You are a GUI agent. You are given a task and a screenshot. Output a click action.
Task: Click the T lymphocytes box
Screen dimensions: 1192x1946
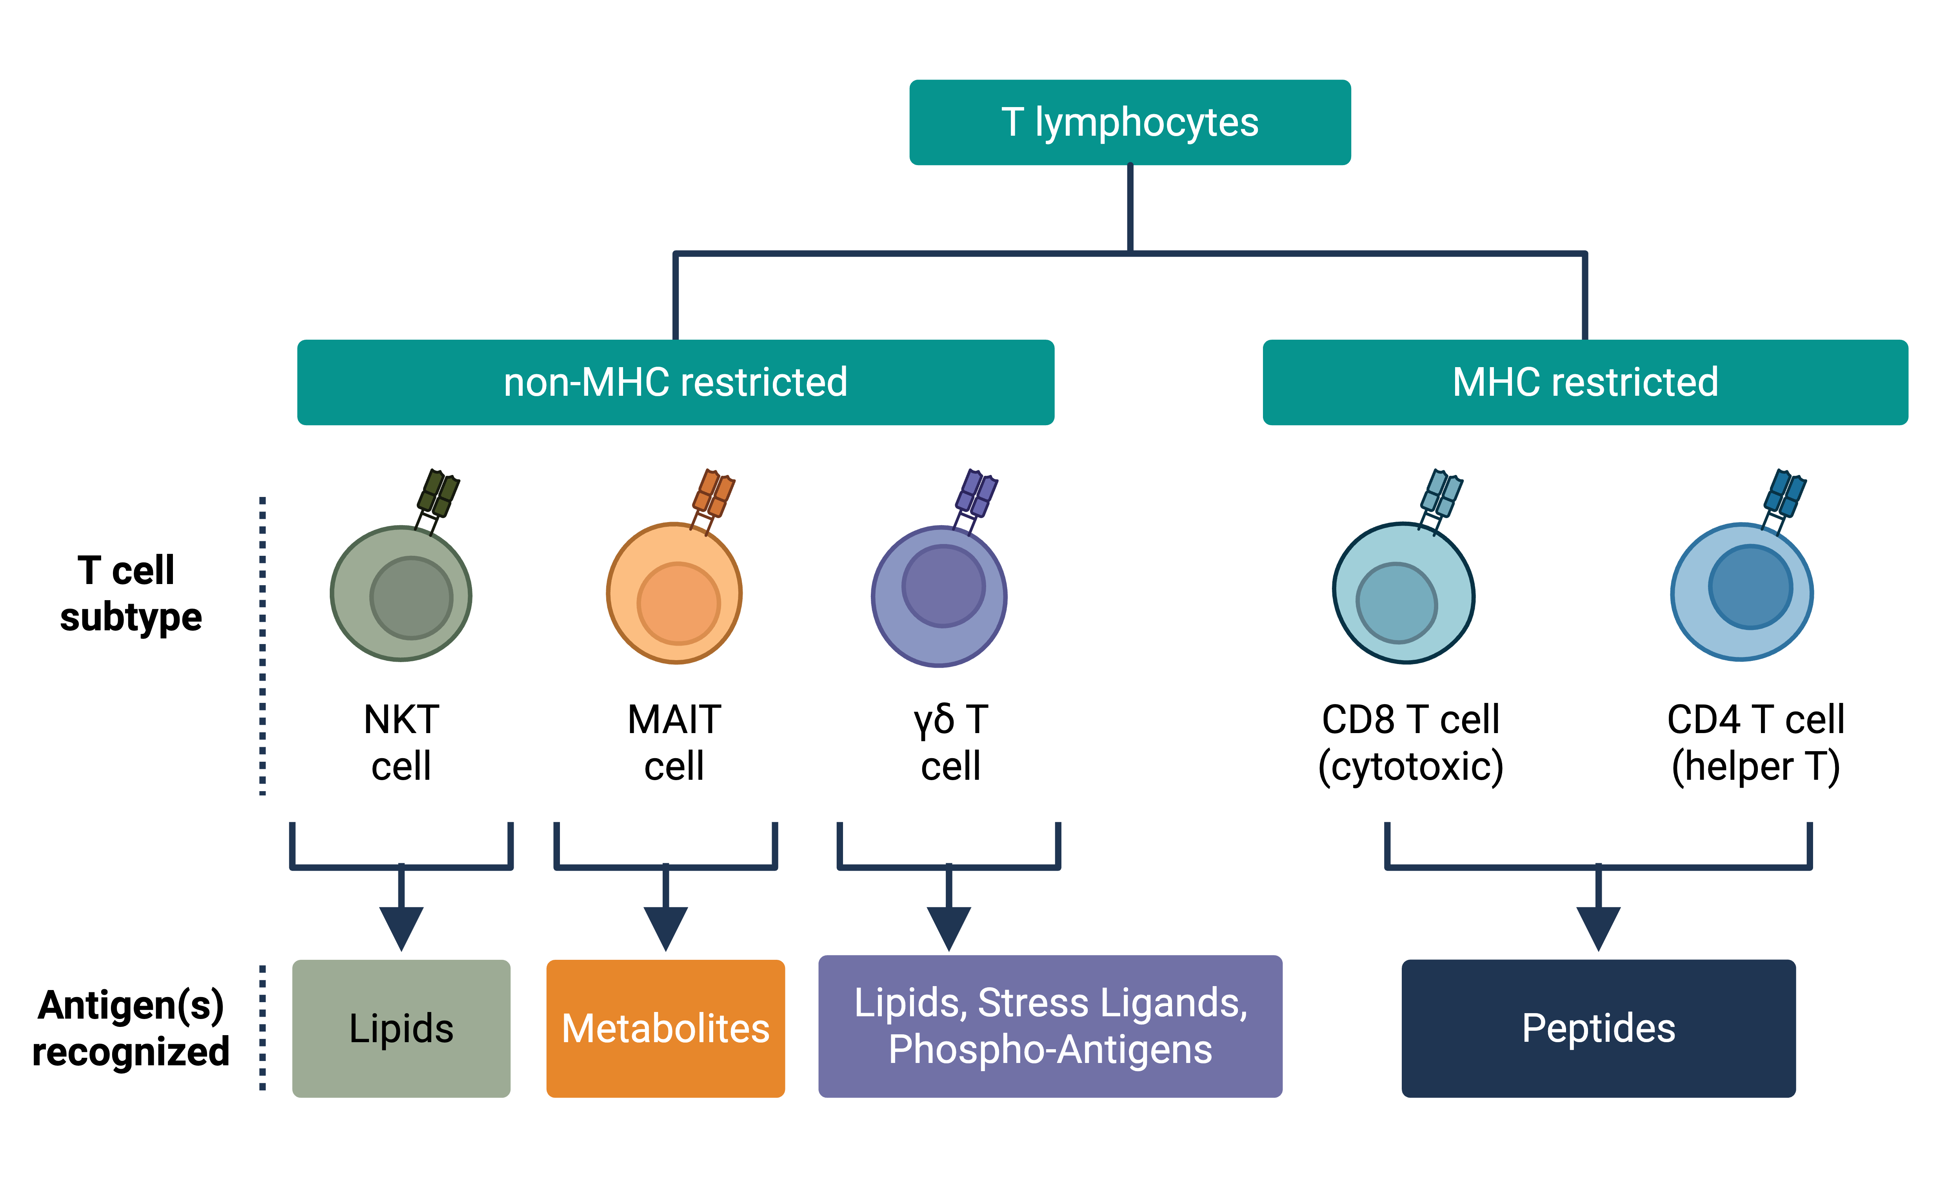1129,122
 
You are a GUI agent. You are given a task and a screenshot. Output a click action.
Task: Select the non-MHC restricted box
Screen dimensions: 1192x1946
675,382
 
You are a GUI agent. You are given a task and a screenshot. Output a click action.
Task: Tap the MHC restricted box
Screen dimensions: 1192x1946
1585,382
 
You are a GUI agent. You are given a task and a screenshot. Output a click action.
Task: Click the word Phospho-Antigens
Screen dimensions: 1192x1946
1050,1050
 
